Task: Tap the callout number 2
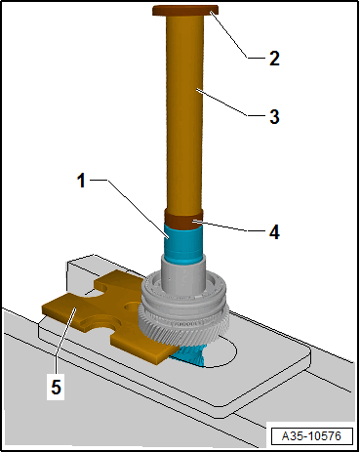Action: pos(275,58)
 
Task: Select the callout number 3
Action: pos(275,117)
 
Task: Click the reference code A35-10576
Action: pos(310,434)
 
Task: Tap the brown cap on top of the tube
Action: pos(184,12)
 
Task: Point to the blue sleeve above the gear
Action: pos(182,244)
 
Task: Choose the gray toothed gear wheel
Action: pos(185,308)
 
